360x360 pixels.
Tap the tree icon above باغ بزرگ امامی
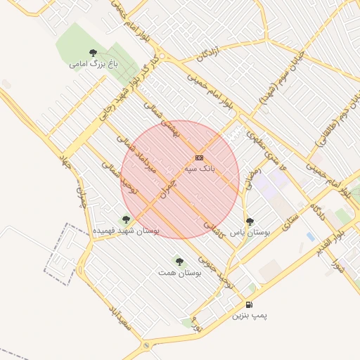coord(94,53)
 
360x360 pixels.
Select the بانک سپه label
coord(200,169)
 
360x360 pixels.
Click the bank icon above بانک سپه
coord(200,158)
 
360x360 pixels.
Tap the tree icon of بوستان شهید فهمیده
coord(127,220)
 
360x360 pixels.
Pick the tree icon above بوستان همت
coord(179,261)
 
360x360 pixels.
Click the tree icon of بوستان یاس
coord(250,221)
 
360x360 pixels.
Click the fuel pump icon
coord(250,304)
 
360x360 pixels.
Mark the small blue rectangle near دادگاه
coord(310,237)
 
